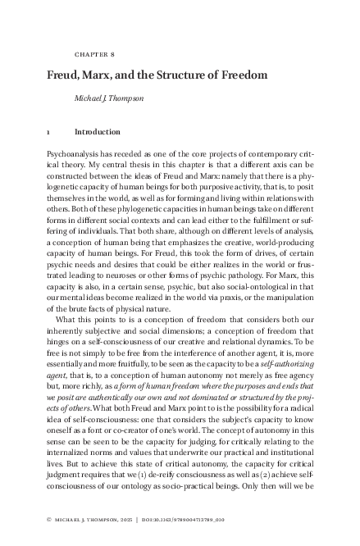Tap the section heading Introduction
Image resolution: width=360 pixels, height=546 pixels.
[97, 131]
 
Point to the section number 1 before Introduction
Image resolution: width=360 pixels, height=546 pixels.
[49, 131]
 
